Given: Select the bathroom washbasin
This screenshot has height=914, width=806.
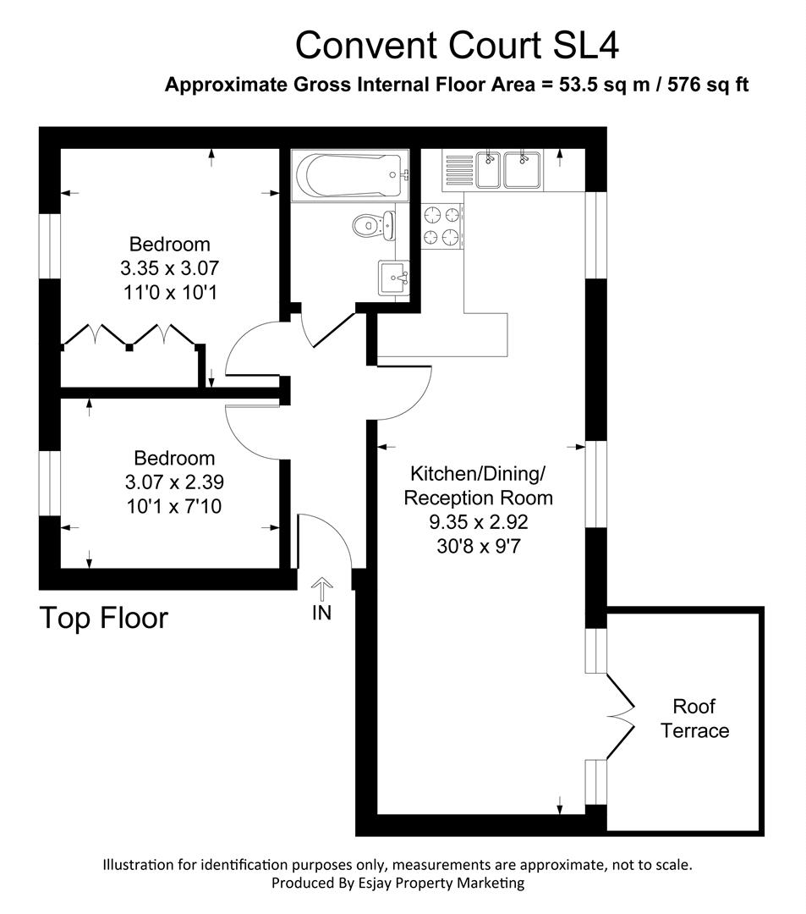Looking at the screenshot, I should coord(392,276).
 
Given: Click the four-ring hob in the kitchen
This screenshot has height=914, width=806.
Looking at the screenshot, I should coord(441,226).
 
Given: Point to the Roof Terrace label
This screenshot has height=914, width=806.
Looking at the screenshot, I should coord(694,719).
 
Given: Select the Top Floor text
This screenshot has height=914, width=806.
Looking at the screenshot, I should coord(104,619).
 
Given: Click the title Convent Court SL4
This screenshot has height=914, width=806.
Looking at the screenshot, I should coord(457,46).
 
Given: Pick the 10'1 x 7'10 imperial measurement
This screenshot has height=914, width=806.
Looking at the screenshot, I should coord(174,506).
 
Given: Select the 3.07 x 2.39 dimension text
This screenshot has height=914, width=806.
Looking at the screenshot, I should coord(174,482).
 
